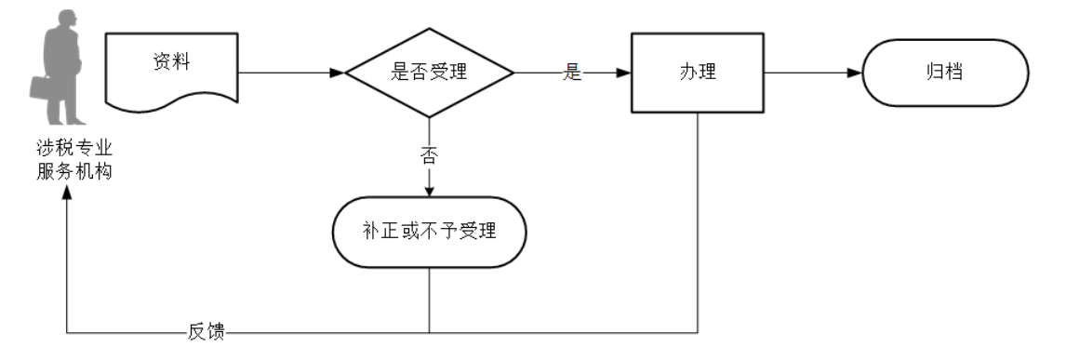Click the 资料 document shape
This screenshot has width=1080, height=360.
[x=172, y=71]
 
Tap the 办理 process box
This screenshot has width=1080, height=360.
[x=697, y=73]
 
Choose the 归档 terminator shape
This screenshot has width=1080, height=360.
[x=946, y=73]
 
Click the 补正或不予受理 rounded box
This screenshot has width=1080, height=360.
[x=429, y=230]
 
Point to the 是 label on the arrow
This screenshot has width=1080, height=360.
[x=572, y=73]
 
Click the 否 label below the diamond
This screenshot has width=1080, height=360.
[x=429, y=155]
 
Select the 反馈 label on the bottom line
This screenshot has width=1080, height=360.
[x=206, y=332]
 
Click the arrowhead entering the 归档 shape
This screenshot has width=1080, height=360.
[x=856, y=73]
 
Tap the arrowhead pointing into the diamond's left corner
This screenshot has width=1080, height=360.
[x=338, y=73]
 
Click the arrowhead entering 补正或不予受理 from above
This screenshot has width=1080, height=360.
[x=429, y=191]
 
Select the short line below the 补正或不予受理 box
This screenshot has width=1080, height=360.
[x=429, y=298]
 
